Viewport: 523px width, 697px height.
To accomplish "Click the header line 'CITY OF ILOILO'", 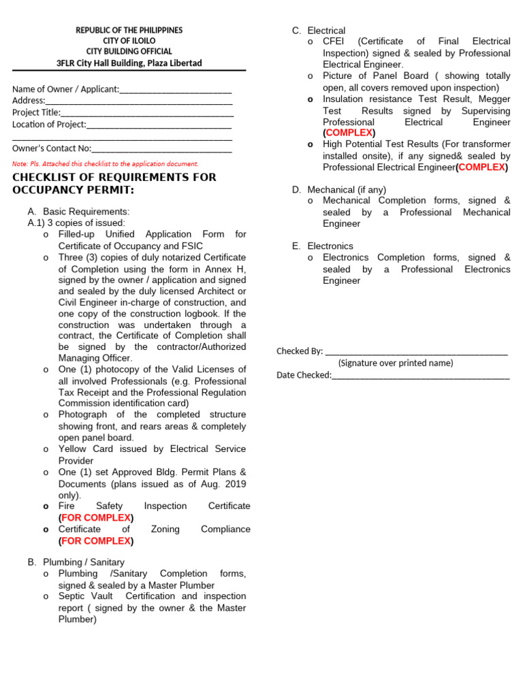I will tap(129, 41).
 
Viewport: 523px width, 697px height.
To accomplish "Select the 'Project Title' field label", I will tap(36, 113).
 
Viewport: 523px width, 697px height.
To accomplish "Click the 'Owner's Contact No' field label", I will tap(52, 148).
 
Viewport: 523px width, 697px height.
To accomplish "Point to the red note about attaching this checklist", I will tap(105, 164).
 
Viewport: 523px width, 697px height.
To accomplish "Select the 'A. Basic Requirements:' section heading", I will tap(78, 212).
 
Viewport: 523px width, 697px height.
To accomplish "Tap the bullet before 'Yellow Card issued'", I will tap(45, 449).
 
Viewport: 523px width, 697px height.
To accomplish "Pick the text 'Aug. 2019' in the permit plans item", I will tap(225, 484).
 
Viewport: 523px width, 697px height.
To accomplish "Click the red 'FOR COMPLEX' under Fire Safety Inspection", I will tap(96, 518).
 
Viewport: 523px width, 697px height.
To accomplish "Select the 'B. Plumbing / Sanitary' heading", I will tap(76, 562).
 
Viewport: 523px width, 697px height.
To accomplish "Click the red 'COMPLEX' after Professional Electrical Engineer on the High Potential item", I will tap(481, 167).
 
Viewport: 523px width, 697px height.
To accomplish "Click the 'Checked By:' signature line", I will tap(416, 353).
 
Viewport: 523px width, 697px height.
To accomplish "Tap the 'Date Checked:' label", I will tap(304, 375).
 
